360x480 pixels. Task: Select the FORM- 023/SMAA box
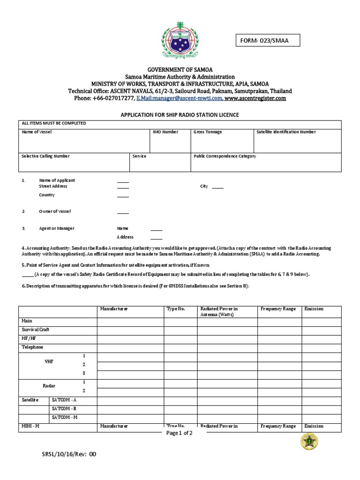click(267, 41)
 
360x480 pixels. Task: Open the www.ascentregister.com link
click(255, 98)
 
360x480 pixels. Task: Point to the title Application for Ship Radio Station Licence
click(180, 115)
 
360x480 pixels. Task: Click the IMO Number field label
click(165, 132)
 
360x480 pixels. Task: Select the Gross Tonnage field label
click(208, 132)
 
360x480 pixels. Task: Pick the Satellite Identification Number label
click(286, 132)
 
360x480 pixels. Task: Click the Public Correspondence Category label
click(225, 156)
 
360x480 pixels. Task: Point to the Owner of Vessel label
click(55, 211)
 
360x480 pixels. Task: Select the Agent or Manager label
click(56, 228)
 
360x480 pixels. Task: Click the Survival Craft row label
click(36, 330)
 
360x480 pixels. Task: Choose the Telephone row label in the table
click(32, 347)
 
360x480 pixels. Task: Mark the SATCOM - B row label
click(65, 408)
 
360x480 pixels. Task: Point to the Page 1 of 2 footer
click(180, 433)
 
